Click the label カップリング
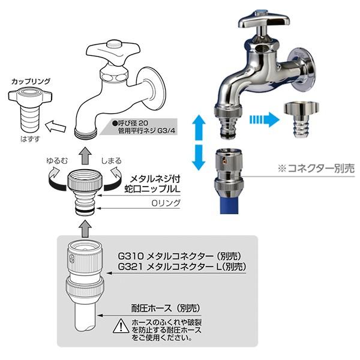pyautogui.click(x=31, y=80)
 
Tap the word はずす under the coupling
pyautogui.click(x=29, y=137)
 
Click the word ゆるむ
pyautogui.click(x=58, y=161)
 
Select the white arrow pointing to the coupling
pyautogui.click(x=55, y=127)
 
